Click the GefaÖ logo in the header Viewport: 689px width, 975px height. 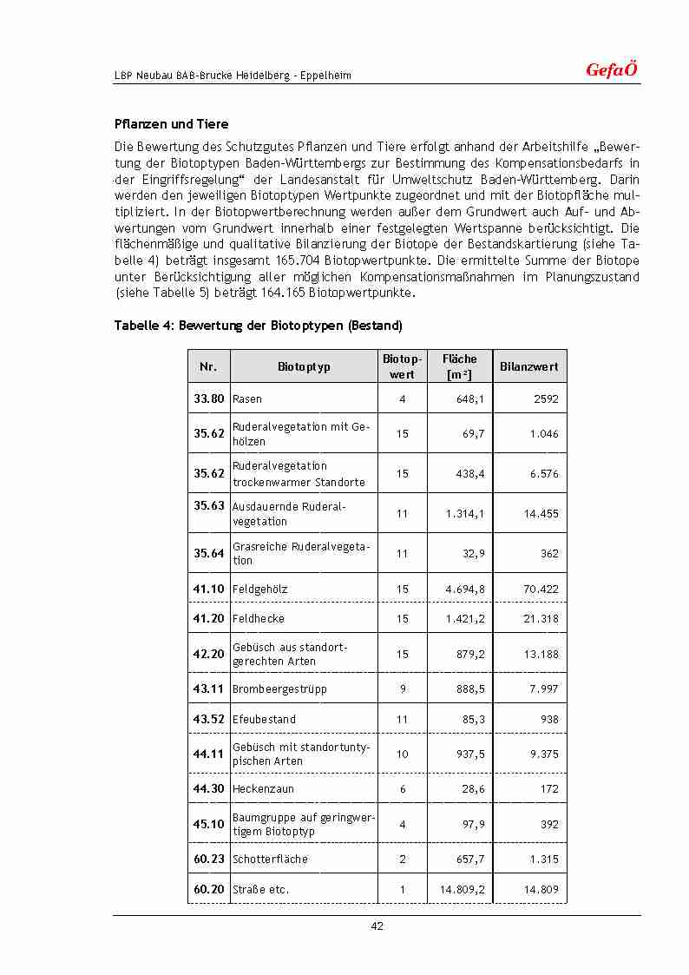(x=612, y=70)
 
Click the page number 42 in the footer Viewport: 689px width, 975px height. (x=377, y=926)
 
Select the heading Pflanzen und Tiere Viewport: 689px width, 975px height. (x=171, y=124)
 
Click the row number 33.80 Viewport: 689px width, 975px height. (x=208, y=399)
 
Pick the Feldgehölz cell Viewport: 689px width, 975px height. (x=260, y=590)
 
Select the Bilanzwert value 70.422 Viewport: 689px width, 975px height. (x=541, y=590)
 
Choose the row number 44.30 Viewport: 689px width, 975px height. (x=208, y=789)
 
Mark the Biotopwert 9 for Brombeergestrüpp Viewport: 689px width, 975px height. (x=403, y=689)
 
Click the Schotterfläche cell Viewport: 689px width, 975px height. (x=270, y=860)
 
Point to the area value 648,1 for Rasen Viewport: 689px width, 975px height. (x=469, y=399)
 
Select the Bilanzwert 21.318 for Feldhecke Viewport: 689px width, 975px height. (x=541, y=619)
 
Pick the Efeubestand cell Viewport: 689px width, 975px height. (x=264, y=720)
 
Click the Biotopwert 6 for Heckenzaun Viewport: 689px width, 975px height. (x=403, y=789)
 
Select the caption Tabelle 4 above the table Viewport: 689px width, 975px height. (x=258, y=326)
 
